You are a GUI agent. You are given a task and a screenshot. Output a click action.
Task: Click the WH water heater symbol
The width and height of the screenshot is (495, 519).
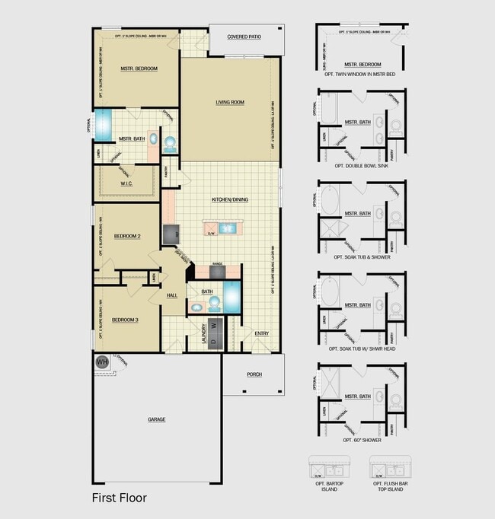(101, 363)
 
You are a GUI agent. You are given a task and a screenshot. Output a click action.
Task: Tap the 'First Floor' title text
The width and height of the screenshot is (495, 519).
(119, 498)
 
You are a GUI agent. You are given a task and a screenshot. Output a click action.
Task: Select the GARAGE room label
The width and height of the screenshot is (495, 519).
(157, 419)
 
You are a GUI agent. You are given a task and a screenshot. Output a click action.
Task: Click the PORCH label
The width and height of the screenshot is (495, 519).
(254, 374)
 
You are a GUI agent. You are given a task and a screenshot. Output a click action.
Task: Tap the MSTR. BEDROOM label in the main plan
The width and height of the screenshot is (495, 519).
(139, 68)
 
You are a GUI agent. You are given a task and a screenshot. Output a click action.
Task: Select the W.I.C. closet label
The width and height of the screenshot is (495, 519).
(127, 183)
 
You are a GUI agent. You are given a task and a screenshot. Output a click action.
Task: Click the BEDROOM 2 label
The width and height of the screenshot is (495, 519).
(126, 237)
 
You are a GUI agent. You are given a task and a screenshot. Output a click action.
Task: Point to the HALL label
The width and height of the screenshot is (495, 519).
(172, 295)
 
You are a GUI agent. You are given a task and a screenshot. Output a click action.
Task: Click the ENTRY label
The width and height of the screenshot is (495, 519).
(261, 333)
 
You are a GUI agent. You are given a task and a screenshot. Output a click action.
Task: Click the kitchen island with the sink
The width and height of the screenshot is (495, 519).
(220, 227)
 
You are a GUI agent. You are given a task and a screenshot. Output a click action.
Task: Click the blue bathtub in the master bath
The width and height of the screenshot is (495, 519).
(103, 122)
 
